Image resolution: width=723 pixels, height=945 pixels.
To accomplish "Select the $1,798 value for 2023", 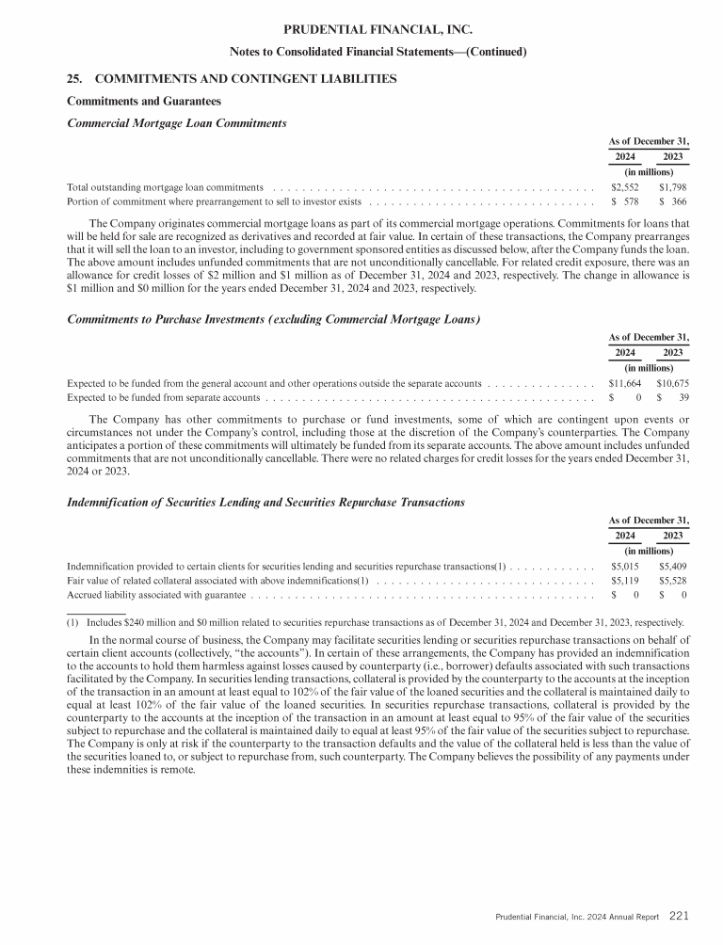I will pyautogui.click(x=672, y=186).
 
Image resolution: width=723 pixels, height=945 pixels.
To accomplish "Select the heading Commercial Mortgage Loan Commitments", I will pyautogui.click(x=177, y=122).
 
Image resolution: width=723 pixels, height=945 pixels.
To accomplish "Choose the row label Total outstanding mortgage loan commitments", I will pyautogui.click(x=165, y=186).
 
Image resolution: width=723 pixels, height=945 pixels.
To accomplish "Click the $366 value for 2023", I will pyautogui.click(x=674, y=201).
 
